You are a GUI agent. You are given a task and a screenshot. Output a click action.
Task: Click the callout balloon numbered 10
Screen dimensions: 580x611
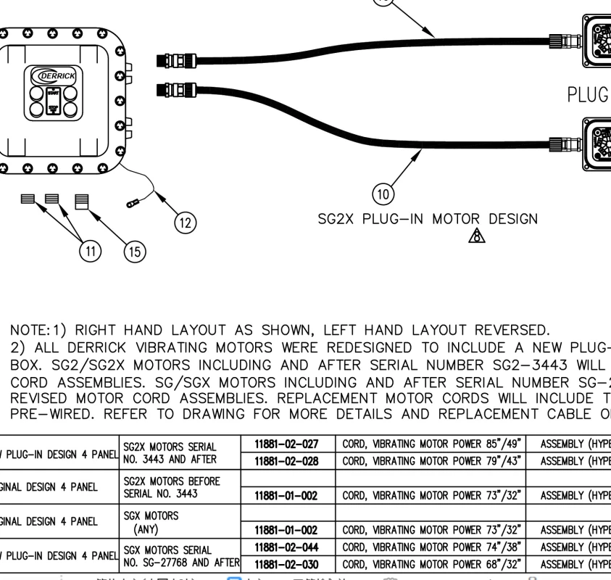pos(383,195)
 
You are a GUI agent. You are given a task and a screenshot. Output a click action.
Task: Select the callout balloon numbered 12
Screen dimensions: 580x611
pos(186,223)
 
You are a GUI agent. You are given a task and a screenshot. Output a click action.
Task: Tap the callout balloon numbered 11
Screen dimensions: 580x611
pos(89,252)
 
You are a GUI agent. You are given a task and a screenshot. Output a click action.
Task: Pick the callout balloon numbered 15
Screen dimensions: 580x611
pos(134,252)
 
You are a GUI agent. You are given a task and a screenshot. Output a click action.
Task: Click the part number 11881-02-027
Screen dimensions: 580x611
pos(288,443)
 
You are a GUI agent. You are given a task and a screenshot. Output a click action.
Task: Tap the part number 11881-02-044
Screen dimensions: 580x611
pos(288,547)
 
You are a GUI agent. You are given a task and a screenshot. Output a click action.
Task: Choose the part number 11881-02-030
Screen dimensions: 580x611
pos(288,564)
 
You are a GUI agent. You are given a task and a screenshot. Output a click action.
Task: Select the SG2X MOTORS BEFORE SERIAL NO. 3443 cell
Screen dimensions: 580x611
pos(170,487)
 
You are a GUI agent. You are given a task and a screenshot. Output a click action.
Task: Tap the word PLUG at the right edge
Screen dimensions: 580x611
pos(588,95)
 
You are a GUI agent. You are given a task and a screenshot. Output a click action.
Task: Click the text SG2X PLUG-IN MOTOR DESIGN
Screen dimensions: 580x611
pos(428,218)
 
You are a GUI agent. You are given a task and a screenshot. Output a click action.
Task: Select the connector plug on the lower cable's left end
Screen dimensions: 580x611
pos(177,90)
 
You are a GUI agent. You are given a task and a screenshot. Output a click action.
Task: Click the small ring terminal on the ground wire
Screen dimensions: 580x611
pos(134,205)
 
